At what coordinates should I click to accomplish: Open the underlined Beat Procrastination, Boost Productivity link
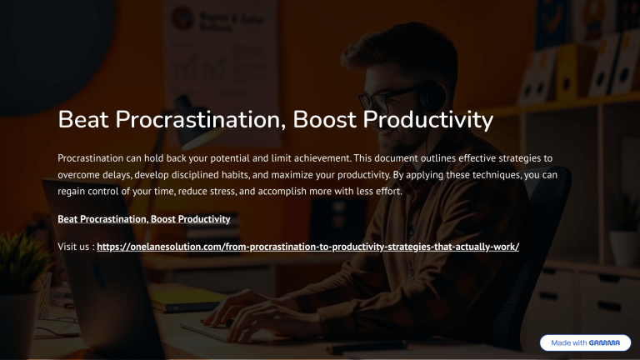(x=144, y=219)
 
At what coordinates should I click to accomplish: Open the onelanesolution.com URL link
(x=308, y=247)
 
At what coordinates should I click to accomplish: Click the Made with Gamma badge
(x=584, y=342)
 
